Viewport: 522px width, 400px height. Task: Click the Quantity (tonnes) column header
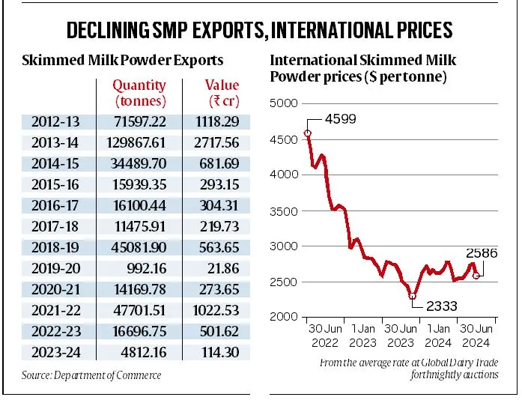click(140, 94)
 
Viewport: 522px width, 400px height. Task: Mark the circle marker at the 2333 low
click(412, 296)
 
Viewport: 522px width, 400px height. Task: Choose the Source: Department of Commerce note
click(91, 375)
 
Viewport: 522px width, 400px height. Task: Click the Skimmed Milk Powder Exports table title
click(122, 60)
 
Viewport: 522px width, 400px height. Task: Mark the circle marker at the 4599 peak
click(308, 133)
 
